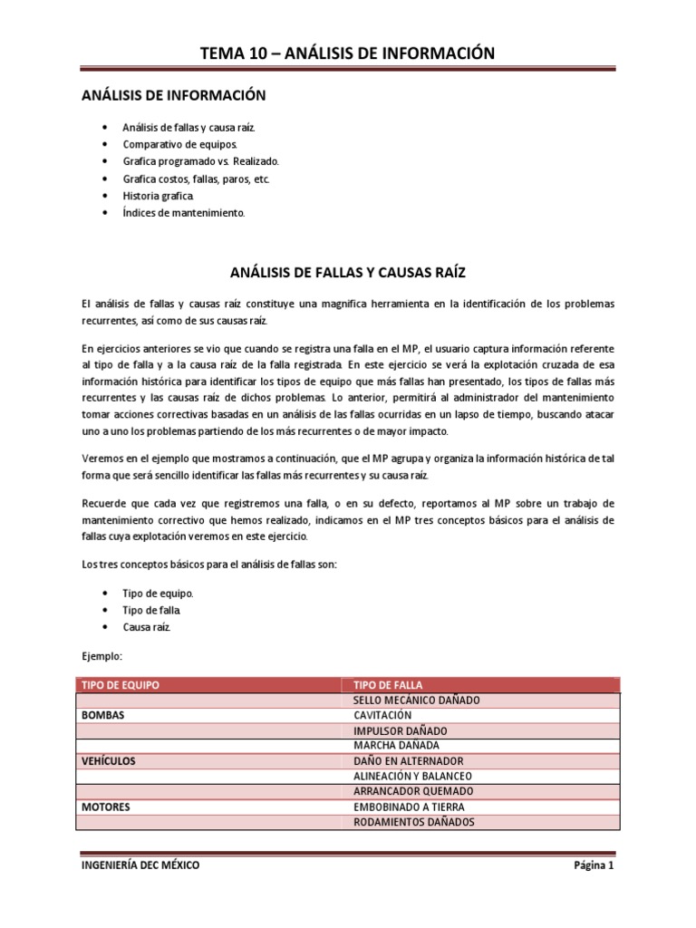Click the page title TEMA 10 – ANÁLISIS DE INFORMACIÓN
[348, 53]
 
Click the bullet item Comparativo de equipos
[179, 144]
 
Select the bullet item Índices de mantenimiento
[183, 213]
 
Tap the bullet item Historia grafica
[158, 196]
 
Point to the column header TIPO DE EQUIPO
[121, 684]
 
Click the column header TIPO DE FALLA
[388, 684]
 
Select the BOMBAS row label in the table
[102, 715]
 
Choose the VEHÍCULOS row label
[109, 761]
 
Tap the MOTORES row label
[106, 807]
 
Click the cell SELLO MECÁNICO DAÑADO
[416, 700]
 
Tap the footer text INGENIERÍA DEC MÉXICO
[140, 865]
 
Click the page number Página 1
[594, 865]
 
